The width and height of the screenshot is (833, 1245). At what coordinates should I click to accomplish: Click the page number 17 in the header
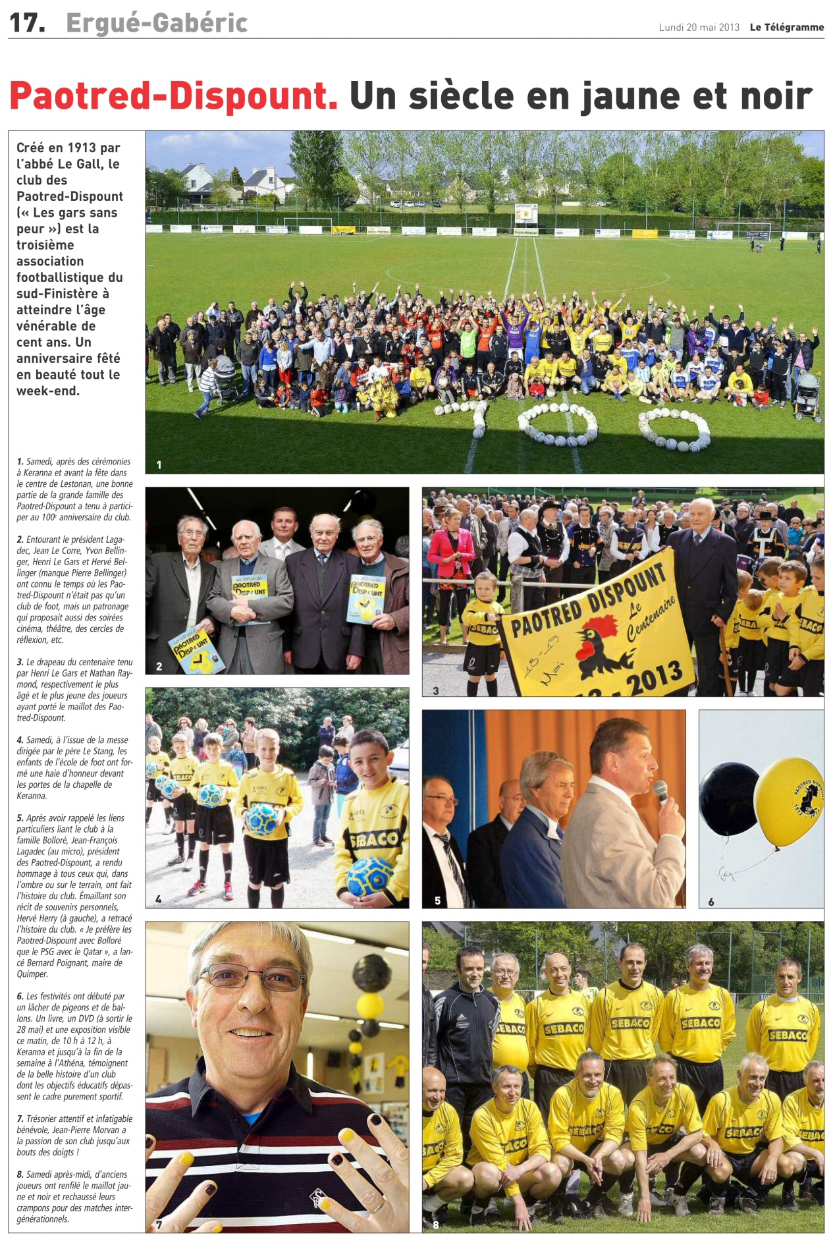(26, 23)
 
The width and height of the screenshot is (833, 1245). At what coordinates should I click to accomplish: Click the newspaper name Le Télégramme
(786, 27)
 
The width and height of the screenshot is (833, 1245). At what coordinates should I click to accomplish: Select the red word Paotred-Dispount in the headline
(173, 96)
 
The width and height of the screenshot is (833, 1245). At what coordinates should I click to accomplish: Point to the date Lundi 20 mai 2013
(699, 27)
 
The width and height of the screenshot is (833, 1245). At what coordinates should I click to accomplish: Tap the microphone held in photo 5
(661, 792)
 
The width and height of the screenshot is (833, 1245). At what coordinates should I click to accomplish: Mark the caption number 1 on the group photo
(159, 465)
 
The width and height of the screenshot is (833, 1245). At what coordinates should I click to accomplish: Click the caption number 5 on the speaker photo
(437, 900)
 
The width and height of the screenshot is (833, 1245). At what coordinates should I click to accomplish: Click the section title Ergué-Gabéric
(157, 23)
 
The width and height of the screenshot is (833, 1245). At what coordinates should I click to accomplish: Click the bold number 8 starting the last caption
(20, 1175)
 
